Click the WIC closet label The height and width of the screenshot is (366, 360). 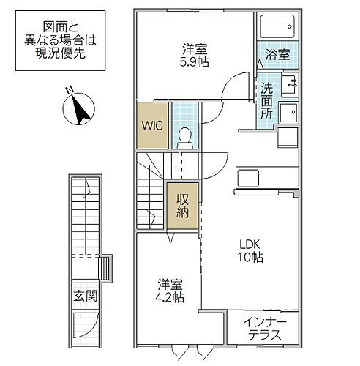(153, 124)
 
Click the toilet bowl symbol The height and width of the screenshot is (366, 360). (185, 136)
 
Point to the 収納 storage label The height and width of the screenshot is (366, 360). (181, 206)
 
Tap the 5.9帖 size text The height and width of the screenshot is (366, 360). (195, 64)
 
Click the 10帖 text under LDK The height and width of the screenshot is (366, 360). (251, 257)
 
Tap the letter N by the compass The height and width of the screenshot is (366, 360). (68, 91)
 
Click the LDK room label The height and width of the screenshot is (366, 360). (251, 244)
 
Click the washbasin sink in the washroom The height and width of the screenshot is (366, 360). (288, 113)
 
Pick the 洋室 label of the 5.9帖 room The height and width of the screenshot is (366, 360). (195, 50)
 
